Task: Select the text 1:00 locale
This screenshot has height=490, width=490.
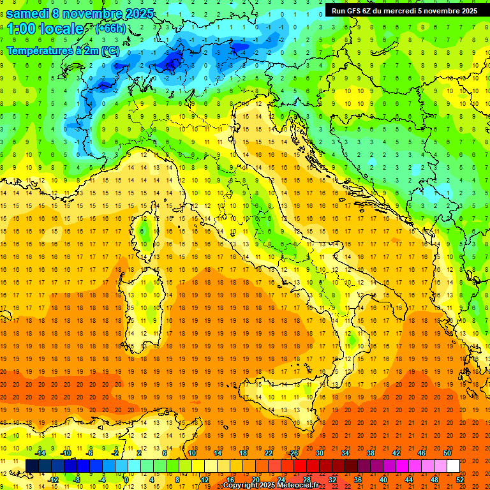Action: tap(46, 29)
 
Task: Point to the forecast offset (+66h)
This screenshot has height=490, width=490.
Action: tap(109, 29)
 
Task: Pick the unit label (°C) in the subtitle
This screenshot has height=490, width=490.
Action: tap(109, 50)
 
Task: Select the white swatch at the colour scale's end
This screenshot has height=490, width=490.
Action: tap(453, 466)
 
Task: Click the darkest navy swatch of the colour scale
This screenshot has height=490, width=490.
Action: tap(32, 466)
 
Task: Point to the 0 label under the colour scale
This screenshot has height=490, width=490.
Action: tap(126, 480)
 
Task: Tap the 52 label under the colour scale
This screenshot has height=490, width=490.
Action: tap(460, 480)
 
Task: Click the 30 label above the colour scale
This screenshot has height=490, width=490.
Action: tap(319, 453)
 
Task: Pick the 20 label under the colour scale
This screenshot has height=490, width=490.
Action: tap(255, 480)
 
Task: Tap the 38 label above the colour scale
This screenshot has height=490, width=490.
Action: tap(370, 453)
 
